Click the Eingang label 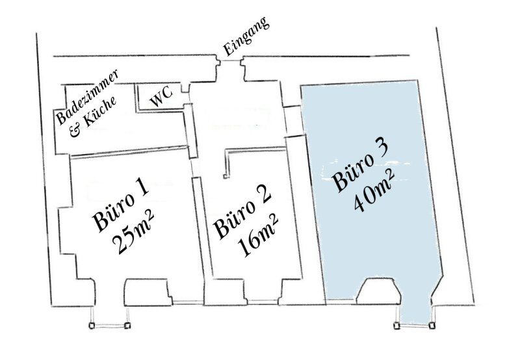(x=246, y=36)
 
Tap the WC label (x=161, y=96)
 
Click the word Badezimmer (x=87, y=97)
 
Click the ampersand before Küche (x=75, y=132)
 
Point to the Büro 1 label (x=120, y=206)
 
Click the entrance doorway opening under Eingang (x=230, y=60)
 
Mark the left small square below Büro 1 (x=92, y=326)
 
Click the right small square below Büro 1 (x=127, y=326)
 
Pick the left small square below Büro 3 (x=397, y=326)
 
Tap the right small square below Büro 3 (x=432, y=326)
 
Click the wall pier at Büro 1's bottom (x=148, y=292)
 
